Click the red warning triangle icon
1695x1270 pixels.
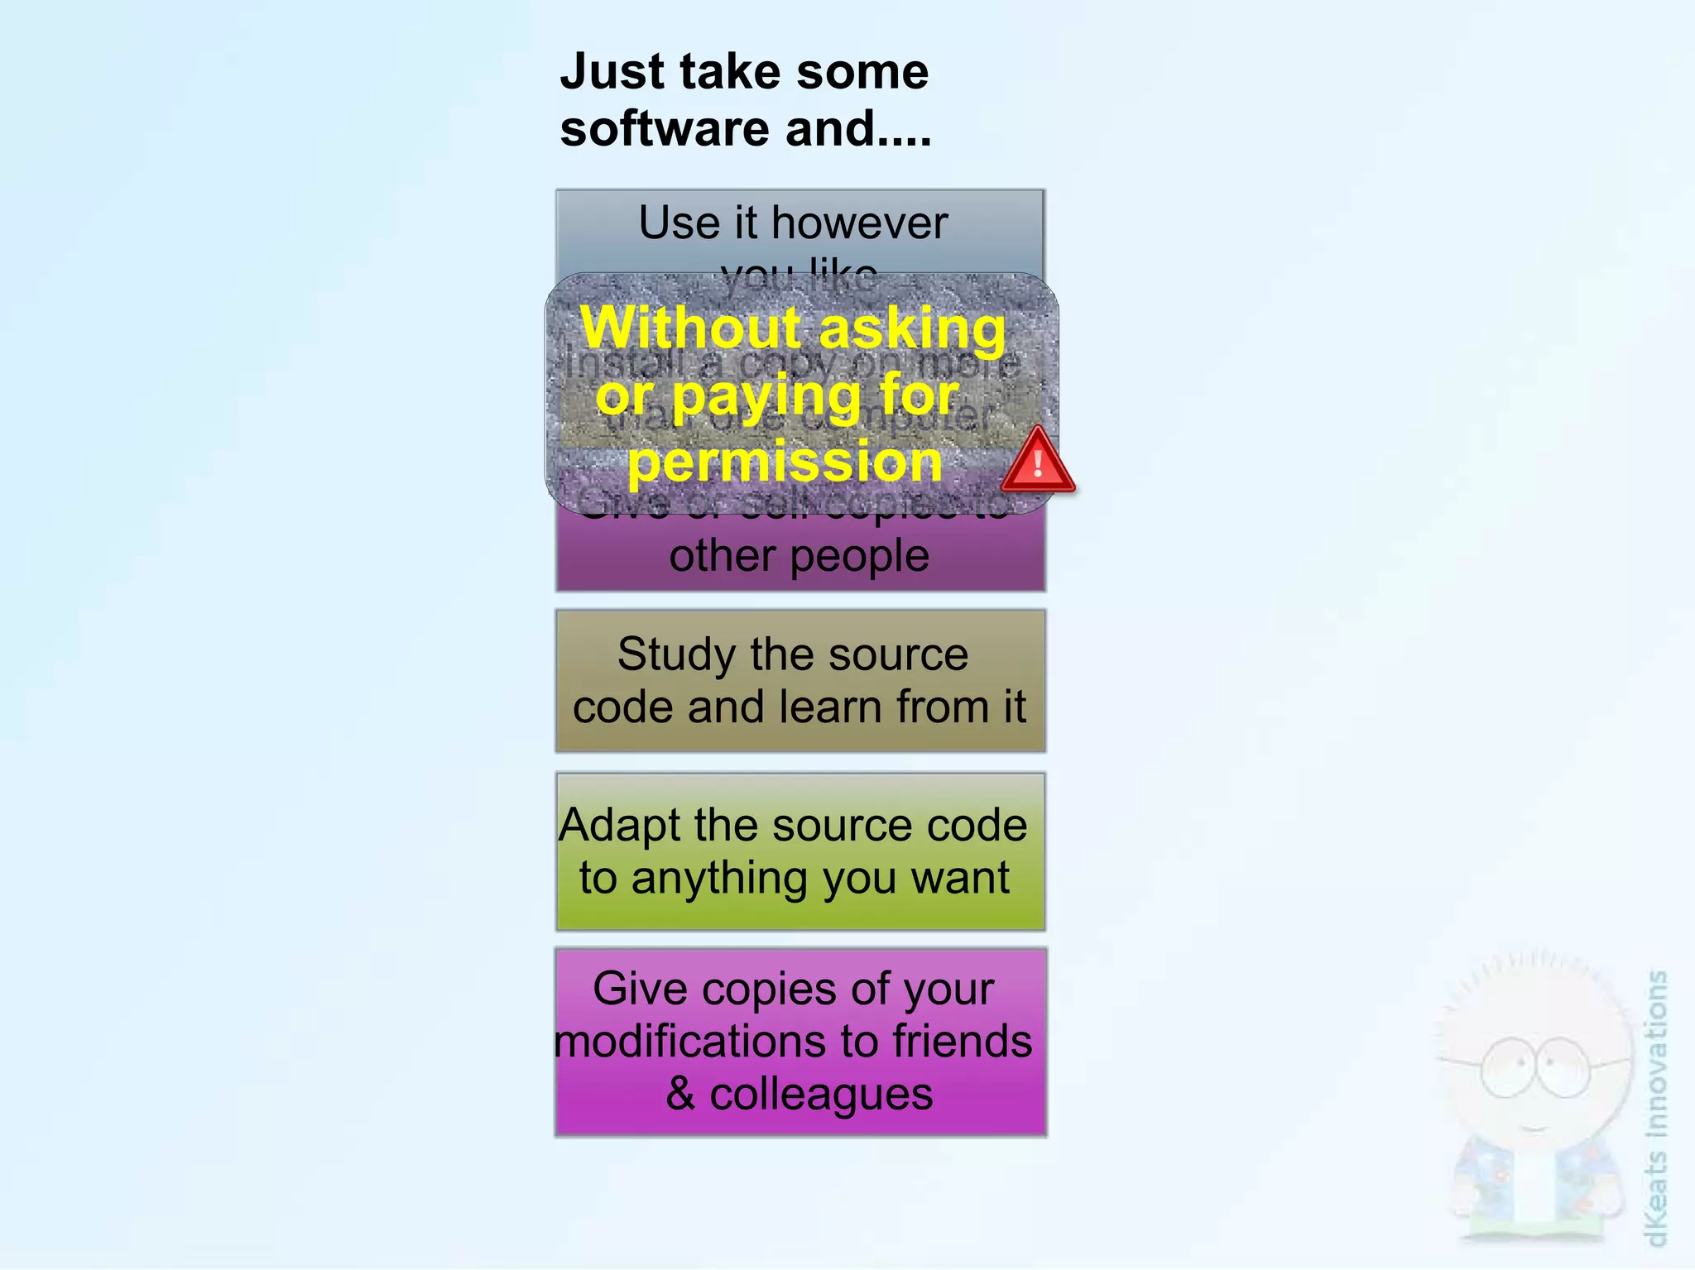point(1038,462)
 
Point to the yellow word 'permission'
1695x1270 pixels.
point(785,462)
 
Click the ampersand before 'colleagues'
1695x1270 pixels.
point(680,1094)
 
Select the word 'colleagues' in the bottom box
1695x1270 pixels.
point(821,1094)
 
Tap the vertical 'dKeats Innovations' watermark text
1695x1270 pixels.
point(1655,1109)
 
